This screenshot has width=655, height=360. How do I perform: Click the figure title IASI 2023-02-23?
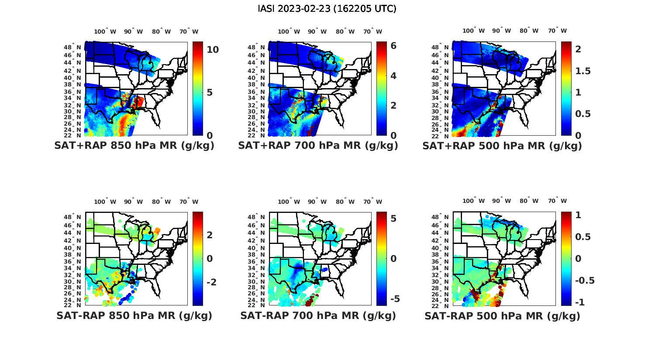[x=327, y=9]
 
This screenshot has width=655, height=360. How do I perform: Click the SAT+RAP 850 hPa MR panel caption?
[x=134, y=146]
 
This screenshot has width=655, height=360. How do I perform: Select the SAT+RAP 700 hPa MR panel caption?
[x=318, y=146]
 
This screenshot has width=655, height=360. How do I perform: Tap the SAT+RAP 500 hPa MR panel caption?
[x=502, y=146]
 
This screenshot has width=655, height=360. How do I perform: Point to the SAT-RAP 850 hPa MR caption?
[x=134, y=315]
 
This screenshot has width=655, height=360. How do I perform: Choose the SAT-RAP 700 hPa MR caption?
[x=318, y=315]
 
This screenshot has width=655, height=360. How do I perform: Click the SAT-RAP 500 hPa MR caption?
[x=502, y=315]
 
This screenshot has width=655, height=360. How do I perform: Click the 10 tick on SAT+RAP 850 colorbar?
[x=213, y=50]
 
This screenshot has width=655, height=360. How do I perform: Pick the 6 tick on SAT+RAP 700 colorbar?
[x=393, y=46]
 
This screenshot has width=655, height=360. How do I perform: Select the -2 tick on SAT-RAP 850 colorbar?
[x=211, y=282]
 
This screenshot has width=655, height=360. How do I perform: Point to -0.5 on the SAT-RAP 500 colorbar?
[x=585, y=280]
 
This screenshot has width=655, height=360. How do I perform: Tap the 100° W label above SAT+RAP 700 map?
[x=289, y=31]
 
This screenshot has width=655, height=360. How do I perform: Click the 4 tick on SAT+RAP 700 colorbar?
[x=393, y=76]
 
